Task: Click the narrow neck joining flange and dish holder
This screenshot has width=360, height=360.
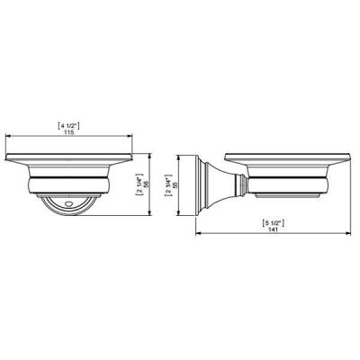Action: [x=240, y=186]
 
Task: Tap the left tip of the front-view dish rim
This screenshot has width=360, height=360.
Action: [x=7, y=163]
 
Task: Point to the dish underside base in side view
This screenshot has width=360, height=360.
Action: [x=288, y=193]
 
